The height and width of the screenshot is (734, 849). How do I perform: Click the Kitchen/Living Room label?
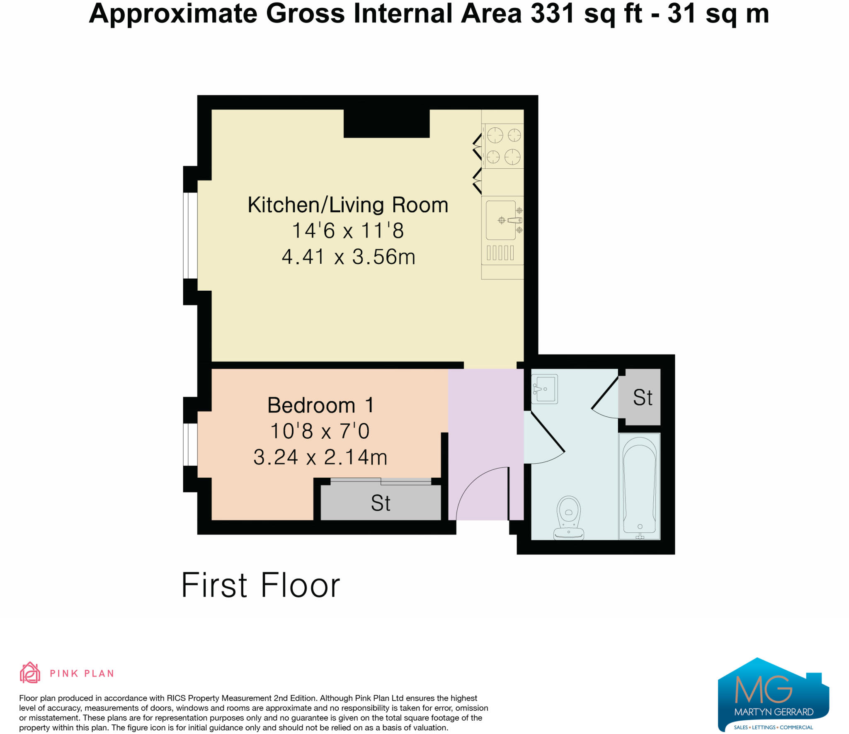(348, 205)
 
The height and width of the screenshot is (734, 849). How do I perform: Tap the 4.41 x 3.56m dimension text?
(348, 257)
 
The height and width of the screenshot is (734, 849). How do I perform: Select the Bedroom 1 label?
(320, 405)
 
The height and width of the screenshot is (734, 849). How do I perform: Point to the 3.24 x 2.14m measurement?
(320, 457)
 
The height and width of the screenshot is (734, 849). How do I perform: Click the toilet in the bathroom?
(569, 518)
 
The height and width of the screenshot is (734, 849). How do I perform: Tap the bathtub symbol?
(639, 486)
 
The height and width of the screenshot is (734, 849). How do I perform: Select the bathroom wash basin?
(545, 389)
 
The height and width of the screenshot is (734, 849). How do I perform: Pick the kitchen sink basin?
(501, 220)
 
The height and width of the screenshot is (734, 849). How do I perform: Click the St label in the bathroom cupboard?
(643, 397)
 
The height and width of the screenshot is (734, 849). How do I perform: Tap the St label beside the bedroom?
(381, 503)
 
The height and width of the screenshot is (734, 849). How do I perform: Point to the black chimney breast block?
(386, 123)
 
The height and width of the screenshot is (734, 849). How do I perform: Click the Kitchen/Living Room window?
(190, 235)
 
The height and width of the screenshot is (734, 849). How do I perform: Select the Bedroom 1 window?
(190, 444)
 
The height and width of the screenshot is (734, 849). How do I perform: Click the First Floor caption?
(261, 585)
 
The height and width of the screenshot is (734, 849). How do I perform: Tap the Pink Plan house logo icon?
(30, 672)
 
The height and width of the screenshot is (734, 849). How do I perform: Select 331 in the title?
(553, 14)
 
